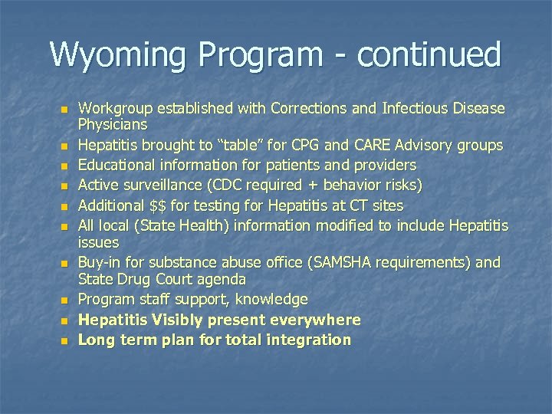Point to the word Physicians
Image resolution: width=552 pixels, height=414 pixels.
coord(113,123)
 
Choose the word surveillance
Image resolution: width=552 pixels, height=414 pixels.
coord(163,186)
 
